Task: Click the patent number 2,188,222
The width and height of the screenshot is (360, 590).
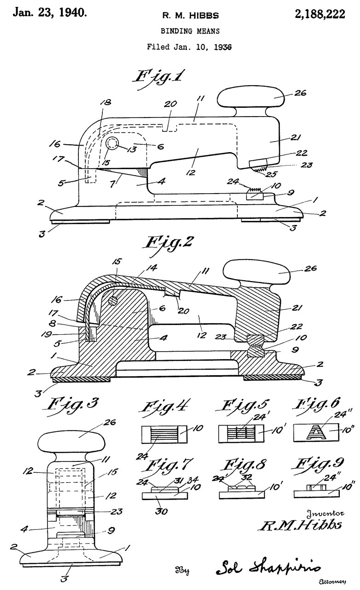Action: pos(320,14)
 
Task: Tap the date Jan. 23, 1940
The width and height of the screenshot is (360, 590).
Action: pos(50,12)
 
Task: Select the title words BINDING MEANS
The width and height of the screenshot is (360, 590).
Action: pos(190,31)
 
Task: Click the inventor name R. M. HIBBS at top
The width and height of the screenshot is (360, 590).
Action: pos(190,16)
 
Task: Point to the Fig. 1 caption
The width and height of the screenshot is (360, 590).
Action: pos(159,78)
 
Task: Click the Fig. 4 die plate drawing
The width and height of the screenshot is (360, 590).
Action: pos(165,434)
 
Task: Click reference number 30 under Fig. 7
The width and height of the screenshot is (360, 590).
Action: pos(161,512)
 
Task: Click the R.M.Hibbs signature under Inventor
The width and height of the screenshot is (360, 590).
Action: pos(301,525)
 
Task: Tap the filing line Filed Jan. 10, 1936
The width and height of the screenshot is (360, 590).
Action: pos(189,47)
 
